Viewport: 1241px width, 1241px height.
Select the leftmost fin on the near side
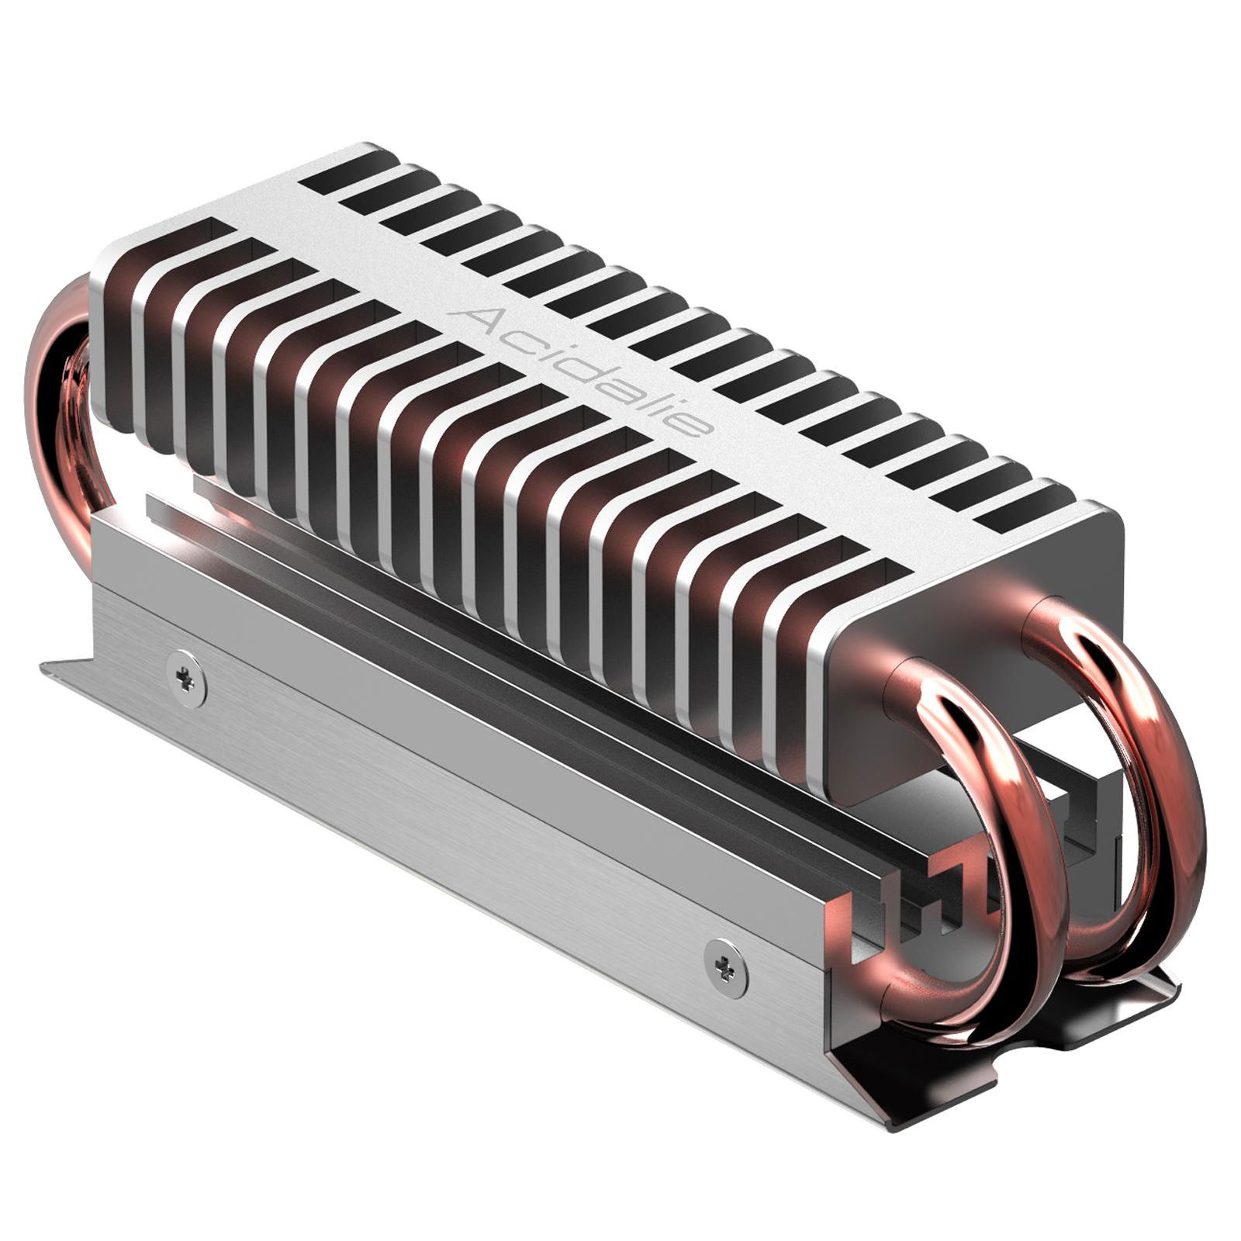pos(112,341)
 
